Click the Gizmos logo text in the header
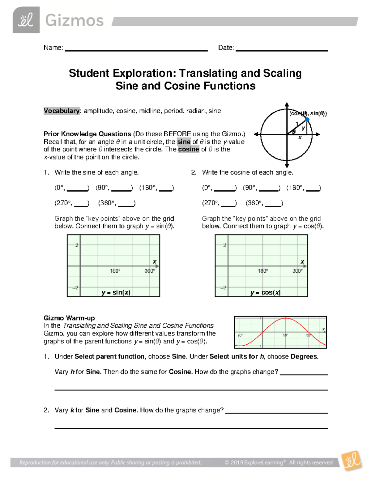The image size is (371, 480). click(x=74, y=21)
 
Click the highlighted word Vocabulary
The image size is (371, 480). click(x=62, y=111)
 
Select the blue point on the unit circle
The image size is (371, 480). click(x=307, y=119)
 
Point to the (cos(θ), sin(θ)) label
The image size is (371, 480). click(x=308, y=113)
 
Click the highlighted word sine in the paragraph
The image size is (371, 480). click(x=184, y=142)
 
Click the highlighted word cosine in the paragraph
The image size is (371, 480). click(x=189, y=149)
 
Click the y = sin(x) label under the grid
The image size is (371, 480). click(x=116, y=292)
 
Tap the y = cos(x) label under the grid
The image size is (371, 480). click(x=266, y=292)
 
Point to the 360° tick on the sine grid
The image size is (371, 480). click(x=150, y=271)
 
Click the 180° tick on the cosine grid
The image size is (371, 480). click(x=263, y=271)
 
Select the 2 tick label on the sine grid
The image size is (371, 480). click(x=77, y=245)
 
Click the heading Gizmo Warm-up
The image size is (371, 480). click(x=69, y=318)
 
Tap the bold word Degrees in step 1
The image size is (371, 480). click(x=304, y=357)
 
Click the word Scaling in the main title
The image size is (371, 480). click(x=282, y=74)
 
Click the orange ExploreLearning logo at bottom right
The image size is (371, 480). click(x=352, y=461)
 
